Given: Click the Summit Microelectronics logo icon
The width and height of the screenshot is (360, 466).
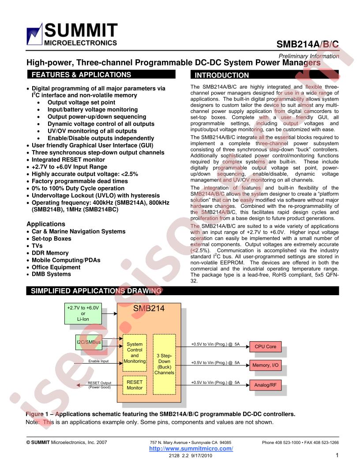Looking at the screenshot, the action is [x=34, y=34].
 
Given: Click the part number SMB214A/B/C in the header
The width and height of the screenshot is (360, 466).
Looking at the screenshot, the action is [x=307, y=44].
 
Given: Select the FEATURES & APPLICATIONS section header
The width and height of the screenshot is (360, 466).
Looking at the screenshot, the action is [x=101, y=75].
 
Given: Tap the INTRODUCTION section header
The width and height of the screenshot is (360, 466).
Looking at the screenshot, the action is [x=264, y=75].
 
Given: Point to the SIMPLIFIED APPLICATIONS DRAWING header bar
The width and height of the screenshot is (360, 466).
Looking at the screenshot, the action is [x=182, y=291].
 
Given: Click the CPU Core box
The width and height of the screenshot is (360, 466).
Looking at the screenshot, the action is [x=265, y=346].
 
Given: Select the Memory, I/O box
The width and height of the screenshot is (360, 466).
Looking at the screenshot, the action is [x=265, y=365].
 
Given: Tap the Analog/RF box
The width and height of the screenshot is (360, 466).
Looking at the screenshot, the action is [x=265, y=385].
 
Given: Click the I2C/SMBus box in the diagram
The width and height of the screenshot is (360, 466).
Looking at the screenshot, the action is [x=89, y=342].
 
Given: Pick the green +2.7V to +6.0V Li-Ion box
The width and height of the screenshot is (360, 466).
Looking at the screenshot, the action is [x=83, y=314].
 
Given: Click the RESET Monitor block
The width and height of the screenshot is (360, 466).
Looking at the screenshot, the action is [x=135, y=385].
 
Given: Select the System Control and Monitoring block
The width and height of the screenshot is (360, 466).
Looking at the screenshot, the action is [x=135, y=353].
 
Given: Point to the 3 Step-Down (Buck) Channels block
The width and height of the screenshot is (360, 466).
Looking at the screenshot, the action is [x=164, y=365].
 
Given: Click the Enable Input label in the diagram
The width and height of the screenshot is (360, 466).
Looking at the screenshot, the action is [x=98, y=361].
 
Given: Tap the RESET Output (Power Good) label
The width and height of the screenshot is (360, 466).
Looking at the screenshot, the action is [x=100, y=385].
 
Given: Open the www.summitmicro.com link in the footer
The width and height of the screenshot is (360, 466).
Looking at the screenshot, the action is [x=191, y=448].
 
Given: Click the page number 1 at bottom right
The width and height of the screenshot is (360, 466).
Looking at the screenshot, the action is [x=337, y=455].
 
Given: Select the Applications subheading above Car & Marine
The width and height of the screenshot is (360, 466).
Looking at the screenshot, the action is [x=46, y=224].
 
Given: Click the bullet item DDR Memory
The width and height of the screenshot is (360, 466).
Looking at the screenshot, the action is [x=50, y=253].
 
